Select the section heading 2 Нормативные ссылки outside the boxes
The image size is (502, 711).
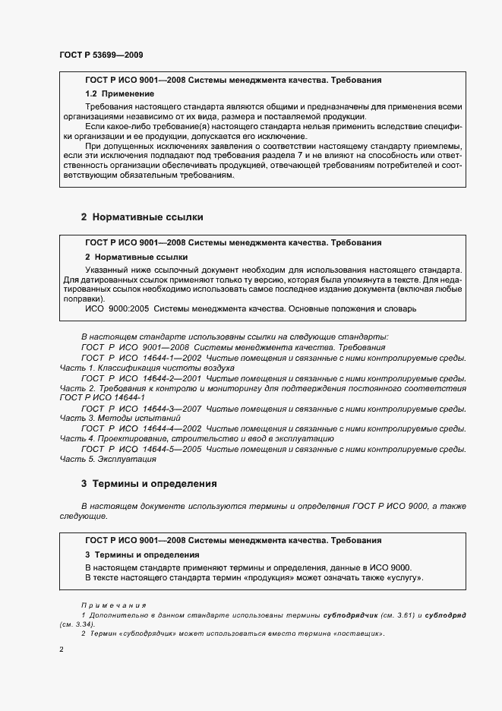point(142,216)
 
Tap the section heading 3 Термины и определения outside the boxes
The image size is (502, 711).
point(149,483)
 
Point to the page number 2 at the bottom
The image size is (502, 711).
point(62,650)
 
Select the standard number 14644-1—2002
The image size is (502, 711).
point(172,358)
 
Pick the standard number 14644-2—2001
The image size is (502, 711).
point(172,378)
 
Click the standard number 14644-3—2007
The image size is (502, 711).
point(172,409)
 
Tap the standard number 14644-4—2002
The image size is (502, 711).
point(172,429)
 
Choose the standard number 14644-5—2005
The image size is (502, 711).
point(172,450)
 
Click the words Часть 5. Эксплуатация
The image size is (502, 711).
point(108,460)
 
